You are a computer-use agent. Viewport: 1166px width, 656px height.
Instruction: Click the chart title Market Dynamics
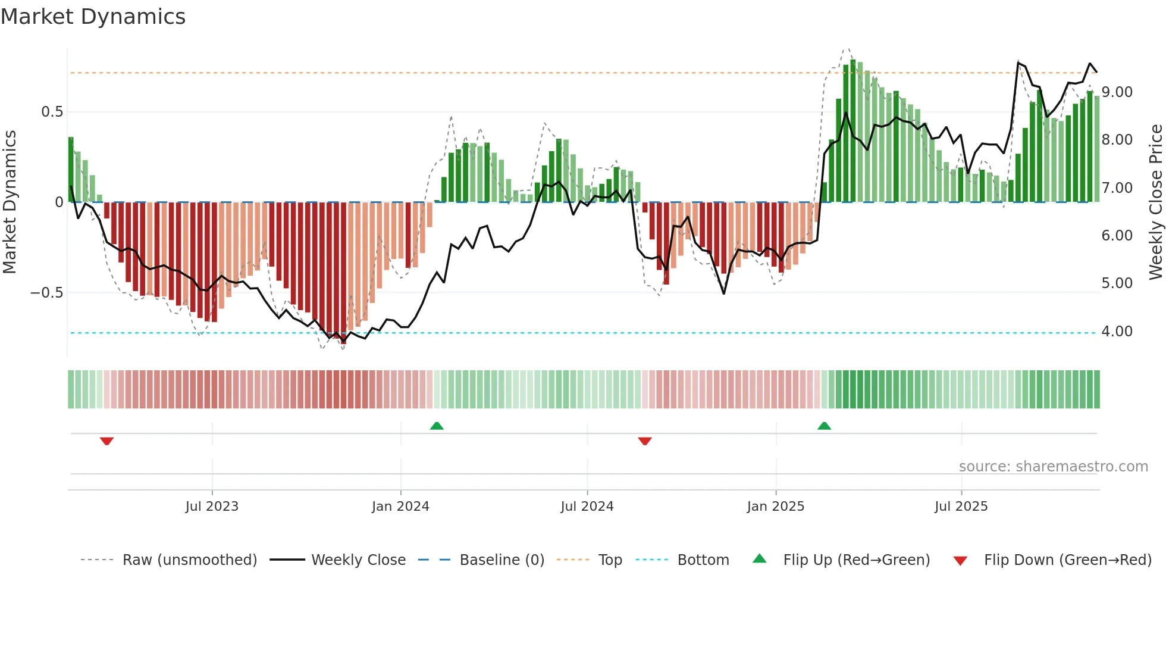click(93, 17)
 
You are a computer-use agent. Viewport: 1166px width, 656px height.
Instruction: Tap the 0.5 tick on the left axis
click(52, 112)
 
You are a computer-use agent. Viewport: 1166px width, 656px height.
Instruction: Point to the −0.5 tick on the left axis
click(47, 293)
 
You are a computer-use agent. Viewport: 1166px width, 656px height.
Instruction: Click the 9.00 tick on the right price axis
click(1117, 92)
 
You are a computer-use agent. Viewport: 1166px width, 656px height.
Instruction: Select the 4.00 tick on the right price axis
click(1117, 332)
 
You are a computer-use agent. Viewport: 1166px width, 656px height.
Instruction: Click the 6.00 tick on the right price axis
click(1117, 236)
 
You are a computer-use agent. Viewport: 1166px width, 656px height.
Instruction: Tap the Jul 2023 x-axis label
click(212, 507)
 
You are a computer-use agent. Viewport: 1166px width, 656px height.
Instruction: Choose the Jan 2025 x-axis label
click(776, 507)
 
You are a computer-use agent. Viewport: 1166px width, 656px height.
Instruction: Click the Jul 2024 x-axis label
click(587, 507)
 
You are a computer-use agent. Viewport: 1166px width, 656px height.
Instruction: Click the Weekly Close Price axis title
click(1155, 202)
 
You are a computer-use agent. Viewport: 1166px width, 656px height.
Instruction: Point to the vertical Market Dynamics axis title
click(10, 202)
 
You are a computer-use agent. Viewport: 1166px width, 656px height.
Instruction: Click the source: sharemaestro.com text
click(1053, 467)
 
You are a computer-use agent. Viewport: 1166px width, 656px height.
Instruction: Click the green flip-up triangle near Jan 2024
click(437, 426)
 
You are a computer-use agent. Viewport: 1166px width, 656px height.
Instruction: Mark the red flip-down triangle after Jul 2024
click(645, 441)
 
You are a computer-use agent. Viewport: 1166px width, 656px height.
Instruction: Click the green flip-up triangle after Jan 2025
click(824, 426)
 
